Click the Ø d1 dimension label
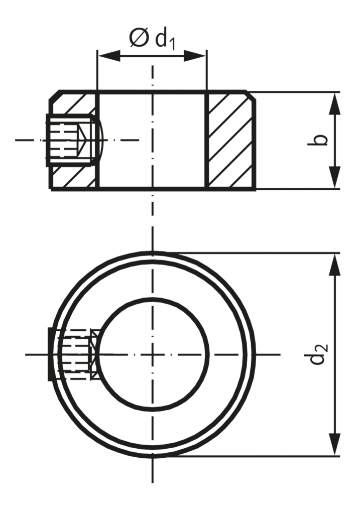[153, 38]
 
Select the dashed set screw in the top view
[75, 354]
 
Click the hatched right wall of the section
[230, 140]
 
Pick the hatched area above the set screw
[75, 104]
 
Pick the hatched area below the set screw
[75, 177]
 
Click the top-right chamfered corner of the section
[251, 95]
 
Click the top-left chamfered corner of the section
[54, 96]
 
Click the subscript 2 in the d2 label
[324, 346]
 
